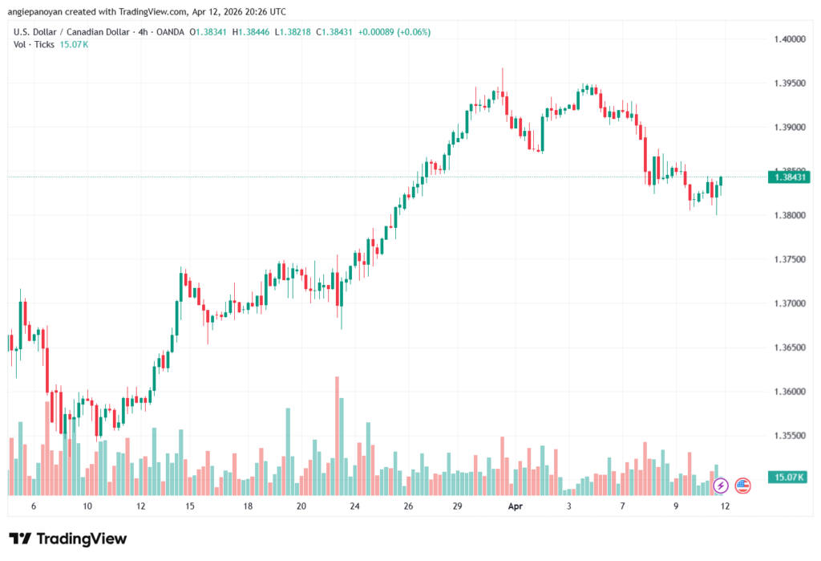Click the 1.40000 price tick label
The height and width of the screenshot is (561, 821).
[x=789, y=39]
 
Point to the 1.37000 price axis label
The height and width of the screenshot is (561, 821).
[x=789, y=303]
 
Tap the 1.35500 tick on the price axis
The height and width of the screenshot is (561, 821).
[x=789, y=436]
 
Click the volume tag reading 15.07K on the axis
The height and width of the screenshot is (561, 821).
[x=787, y=478]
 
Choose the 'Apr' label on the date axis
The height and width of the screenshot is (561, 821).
[x=515, y=506]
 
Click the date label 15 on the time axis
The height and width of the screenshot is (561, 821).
[x=190, y=506]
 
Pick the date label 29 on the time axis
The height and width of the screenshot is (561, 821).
[x=457, y=506]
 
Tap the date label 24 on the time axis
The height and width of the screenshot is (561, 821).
[x=355, y=506]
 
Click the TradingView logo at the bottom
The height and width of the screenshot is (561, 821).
[x=68, y=539]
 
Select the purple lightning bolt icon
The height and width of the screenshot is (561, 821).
[x=720, y=485]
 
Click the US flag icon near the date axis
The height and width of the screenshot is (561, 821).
[x=742, y=485]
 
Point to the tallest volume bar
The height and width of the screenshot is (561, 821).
[x=338, y=433]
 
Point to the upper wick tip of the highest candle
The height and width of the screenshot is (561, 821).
[x=503, y=68]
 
